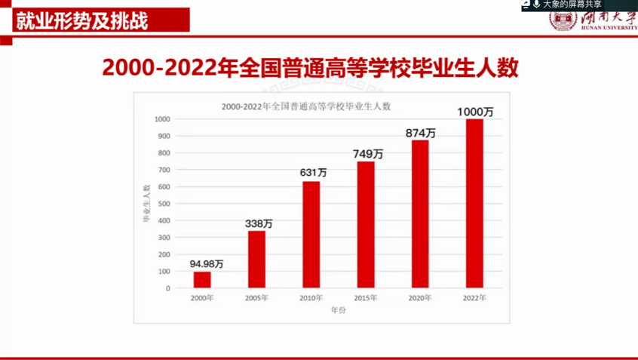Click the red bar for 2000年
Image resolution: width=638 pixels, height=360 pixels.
pos(202,279)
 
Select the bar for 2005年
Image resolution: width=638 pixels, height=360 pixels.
pos(256,259)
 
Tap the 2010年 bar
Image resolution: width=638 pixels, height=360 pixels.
pos(311,234)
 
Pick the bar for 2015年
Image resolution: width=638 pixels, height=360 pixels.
pos(366,224)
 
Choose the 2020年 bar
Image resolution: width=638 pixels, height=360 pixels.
pos(420,214)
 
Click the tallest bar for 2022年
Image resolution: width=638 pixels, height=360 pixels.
pos(474,203)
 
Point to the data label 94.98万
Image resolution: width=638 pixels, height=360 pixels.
pos(207,263)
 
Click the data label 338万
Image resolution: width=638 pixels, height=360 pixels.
pos(259,224)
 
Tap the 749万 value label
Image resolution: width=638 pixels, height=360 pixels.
pos(368,154)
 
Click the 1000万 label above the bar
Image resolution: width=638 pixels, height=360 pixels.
pos(475,112)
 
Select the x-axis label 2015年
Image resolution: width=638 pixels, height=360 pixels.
pos(366,298)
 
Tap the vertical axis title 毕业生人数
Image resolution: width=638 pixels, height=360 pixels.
pos(146,203)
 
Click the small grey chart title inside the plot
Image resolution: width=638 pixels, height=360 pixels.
pos(306,106)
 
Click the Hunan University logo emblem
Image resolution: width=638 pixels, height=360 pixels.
pos(562,20)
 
